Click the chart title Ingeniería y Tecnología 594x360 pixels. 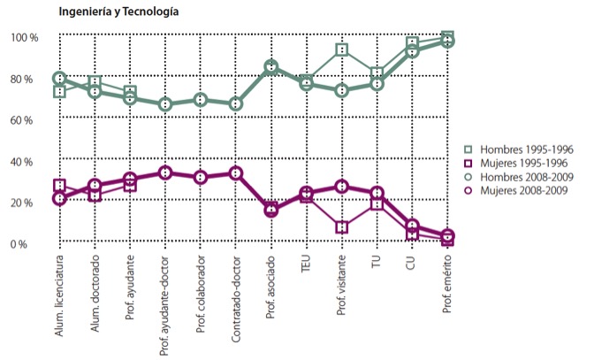click(118, 12)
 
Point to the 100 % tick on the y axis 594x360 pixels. click(25, 38)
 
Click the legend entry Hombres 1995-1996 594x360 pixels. click(522, 149)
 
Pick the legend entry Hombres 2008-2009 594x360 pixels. click(522, 178)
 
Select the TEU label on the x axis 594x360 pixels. click(307, 266)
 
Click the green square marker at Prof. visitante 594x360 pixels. click(341, 50)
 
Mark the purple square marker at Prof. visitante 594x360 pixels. click(341, 227)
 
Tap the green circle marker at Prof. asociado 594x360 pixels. click(270, 67)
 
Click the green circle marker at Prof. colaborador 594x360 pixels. click(201, 100)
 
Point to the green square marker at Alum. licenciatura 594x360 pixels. click(59, 91)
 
